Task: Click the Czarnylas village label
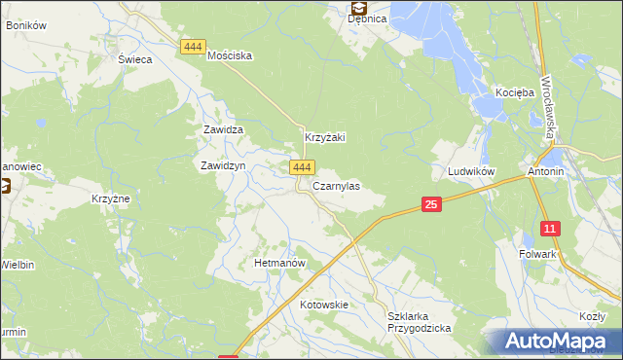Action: point(337,185)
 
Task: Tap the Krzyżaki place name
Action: point(326,138)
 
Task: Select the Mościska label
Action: point(231,56)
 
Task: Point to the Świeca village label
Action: point(136,59)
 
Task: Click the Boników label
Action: point(26,25)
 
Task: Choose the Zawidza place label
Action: point(222,129)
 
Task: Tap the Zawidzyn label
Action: point(222,166)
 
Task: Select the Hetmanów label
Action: point(280,264)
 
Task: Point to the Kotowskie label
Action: point(324,305)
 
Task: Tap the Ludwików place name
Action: point(472,171)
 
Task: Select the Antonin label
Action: point(546,171)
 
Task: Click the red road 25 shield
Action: point(432,203)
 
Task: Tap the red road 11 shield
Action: point(551,230)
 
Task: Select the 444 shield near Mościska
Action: point(193,47)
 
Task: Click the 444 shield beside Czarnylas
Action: point(301,168)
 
